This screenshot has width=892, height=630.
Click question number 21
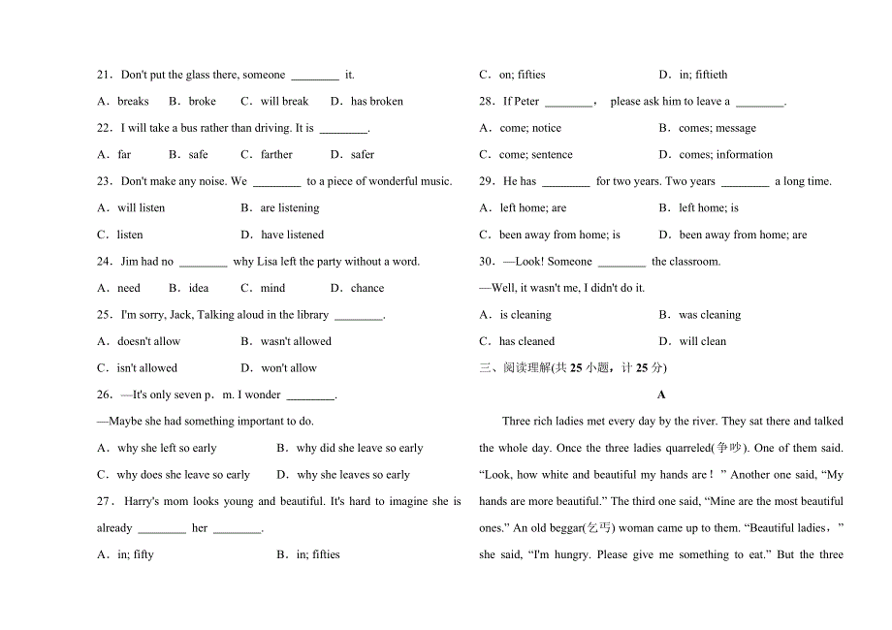[x=105, y=75]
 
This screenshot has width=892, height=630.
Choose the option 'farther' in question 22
[x=276, y=154]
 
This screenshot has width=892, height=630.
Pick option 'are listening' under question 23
[x=289, y=207]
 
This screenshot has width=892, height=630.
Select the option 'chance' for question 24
[x=366, y=288]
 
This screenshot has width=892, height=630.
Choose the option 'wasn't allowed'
[x=295, y=341]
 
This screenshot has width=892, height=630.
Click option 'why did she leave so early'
[x=359, y=448]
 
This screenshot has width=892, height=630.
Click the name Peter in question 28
[x=526, y=101]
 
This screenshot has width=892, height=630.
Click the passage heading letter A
[x=661, y=394]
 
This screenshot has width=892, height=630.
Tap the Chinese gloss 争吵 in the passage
[x=725, y=448]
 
